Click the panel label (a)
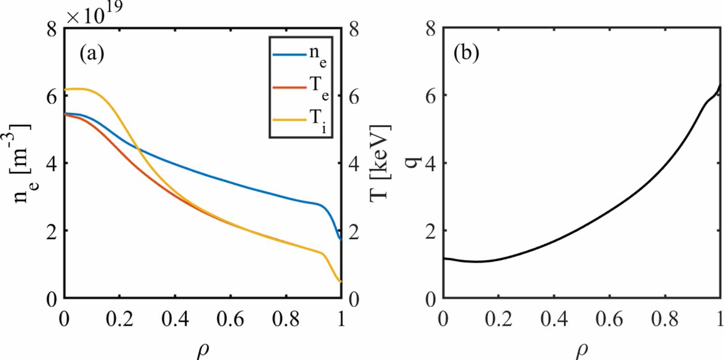tap(92, 54)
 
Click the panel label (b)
tap(466, 54)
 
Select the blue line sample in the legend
tap(289, 55)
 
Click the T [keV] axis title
tap(381, 163)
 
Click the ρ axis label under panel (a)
tap(203, 351)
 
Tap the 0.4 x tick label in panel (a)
tap(175, 319)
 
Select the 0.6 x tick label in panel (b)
tap(610, 319)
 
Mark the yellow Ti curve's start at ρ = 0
tap(66, 90)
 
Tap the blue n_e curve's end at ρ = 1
tap(340, 239)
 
